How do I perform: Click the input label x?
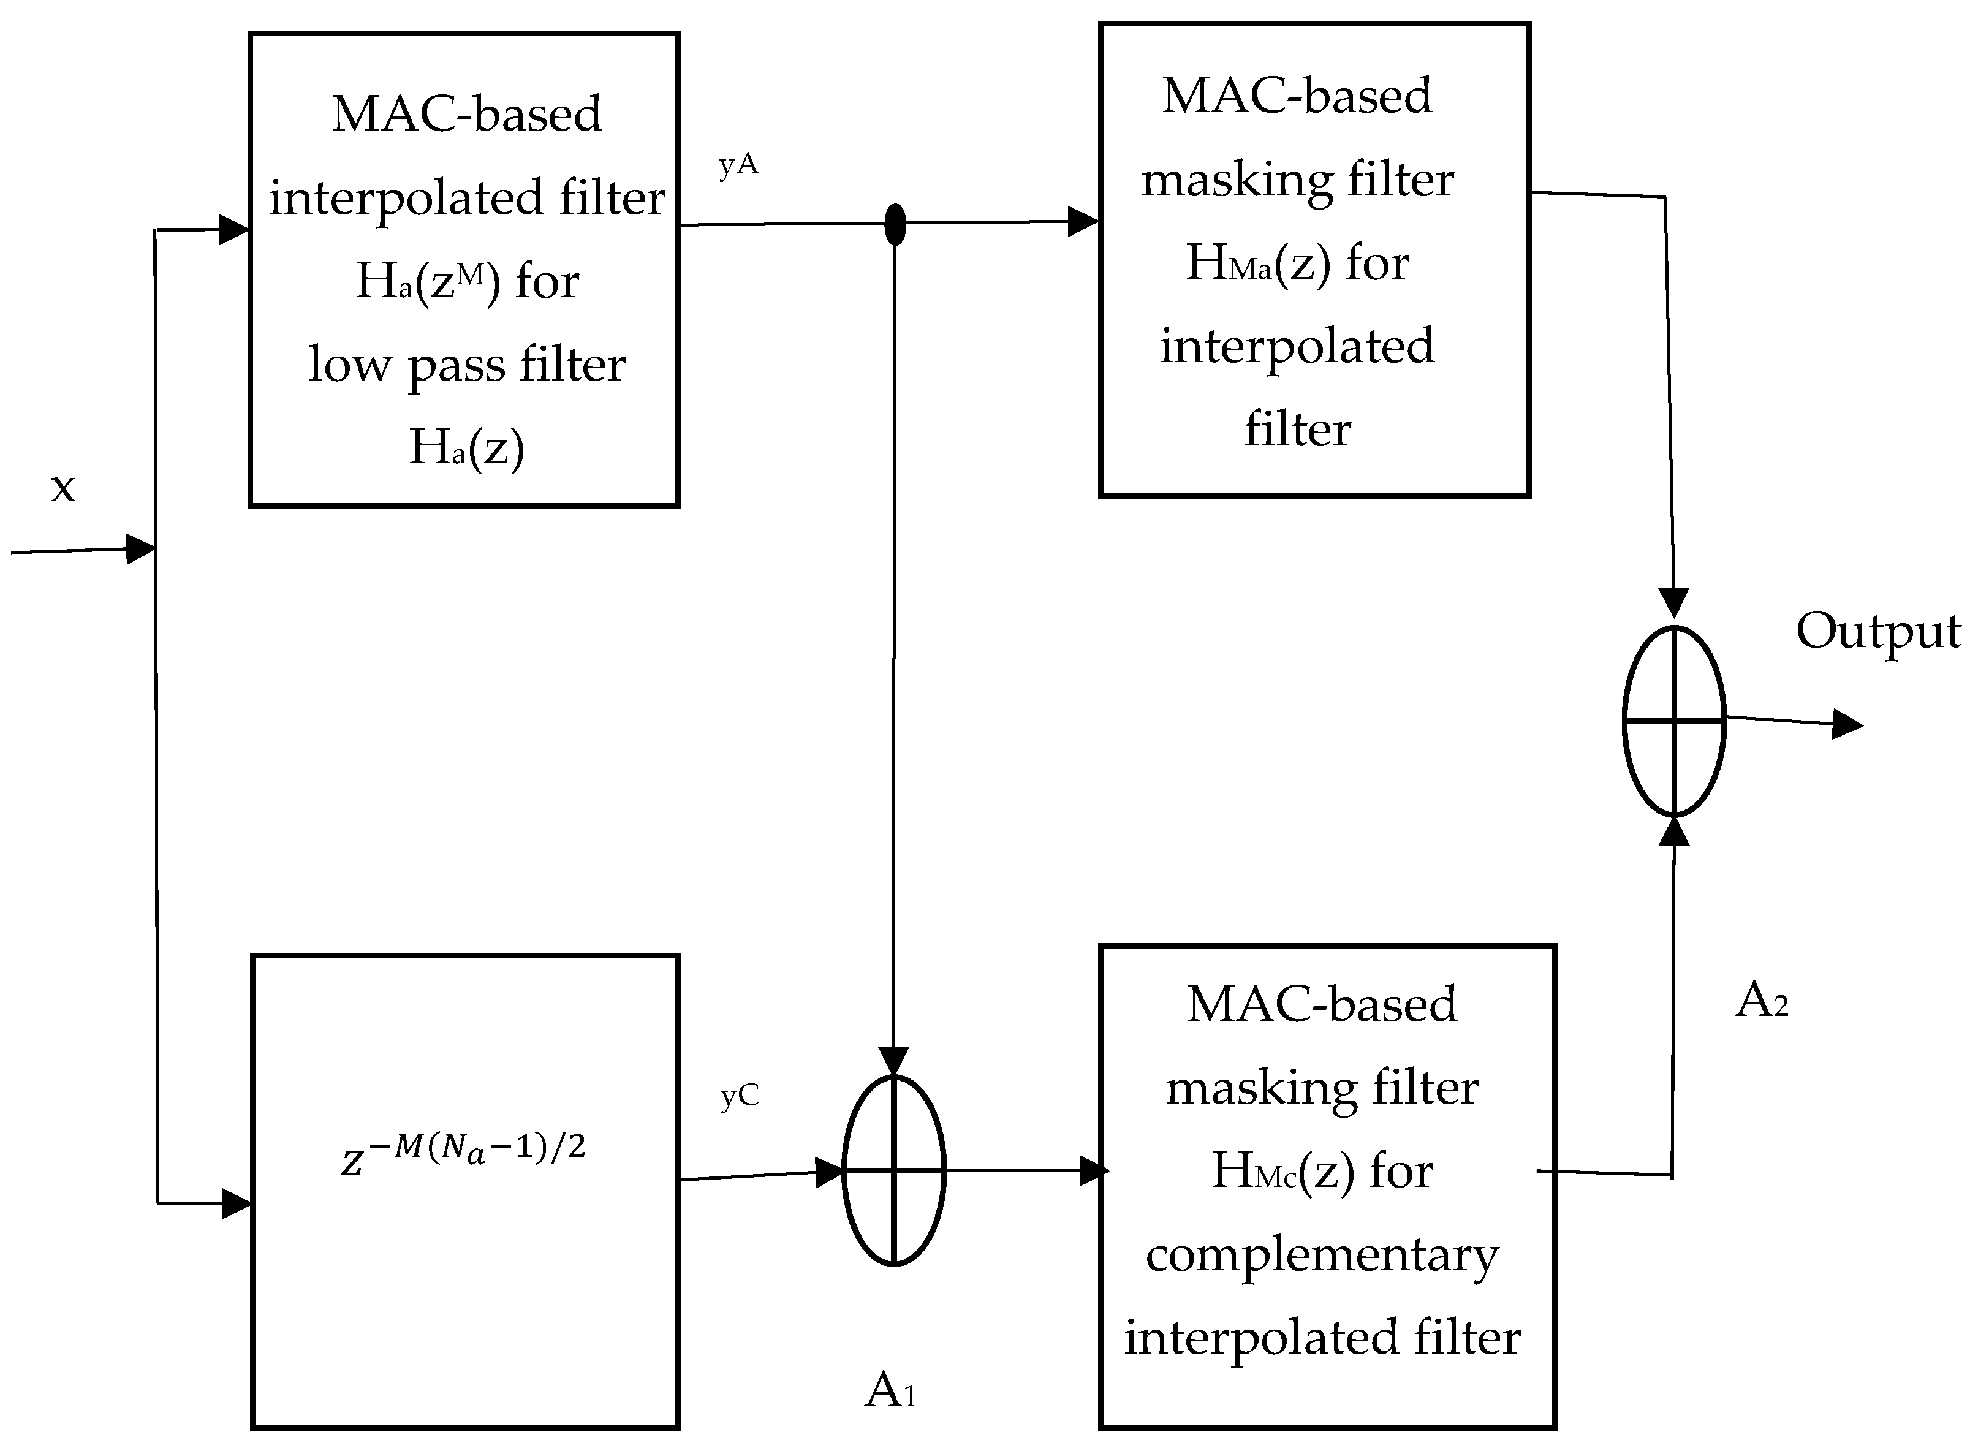(x=63, y=488)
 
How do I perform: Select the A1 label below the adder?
(x=890, y=1390)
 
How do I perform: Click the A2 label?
(x=1761, y=1001)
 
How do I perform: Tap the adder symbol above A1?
(x=893, y=1170)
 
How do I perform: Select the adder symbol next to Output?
(x=1674, y=721)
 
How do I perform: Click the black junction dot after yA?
(x=894, y=224)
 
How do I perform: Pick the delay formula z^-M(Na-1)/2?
(x=463, y=1153)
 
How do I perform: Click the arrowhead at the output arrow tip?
(x=1846, y=725)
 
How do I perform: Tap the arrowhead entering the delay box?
(x=237, y=1203)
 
